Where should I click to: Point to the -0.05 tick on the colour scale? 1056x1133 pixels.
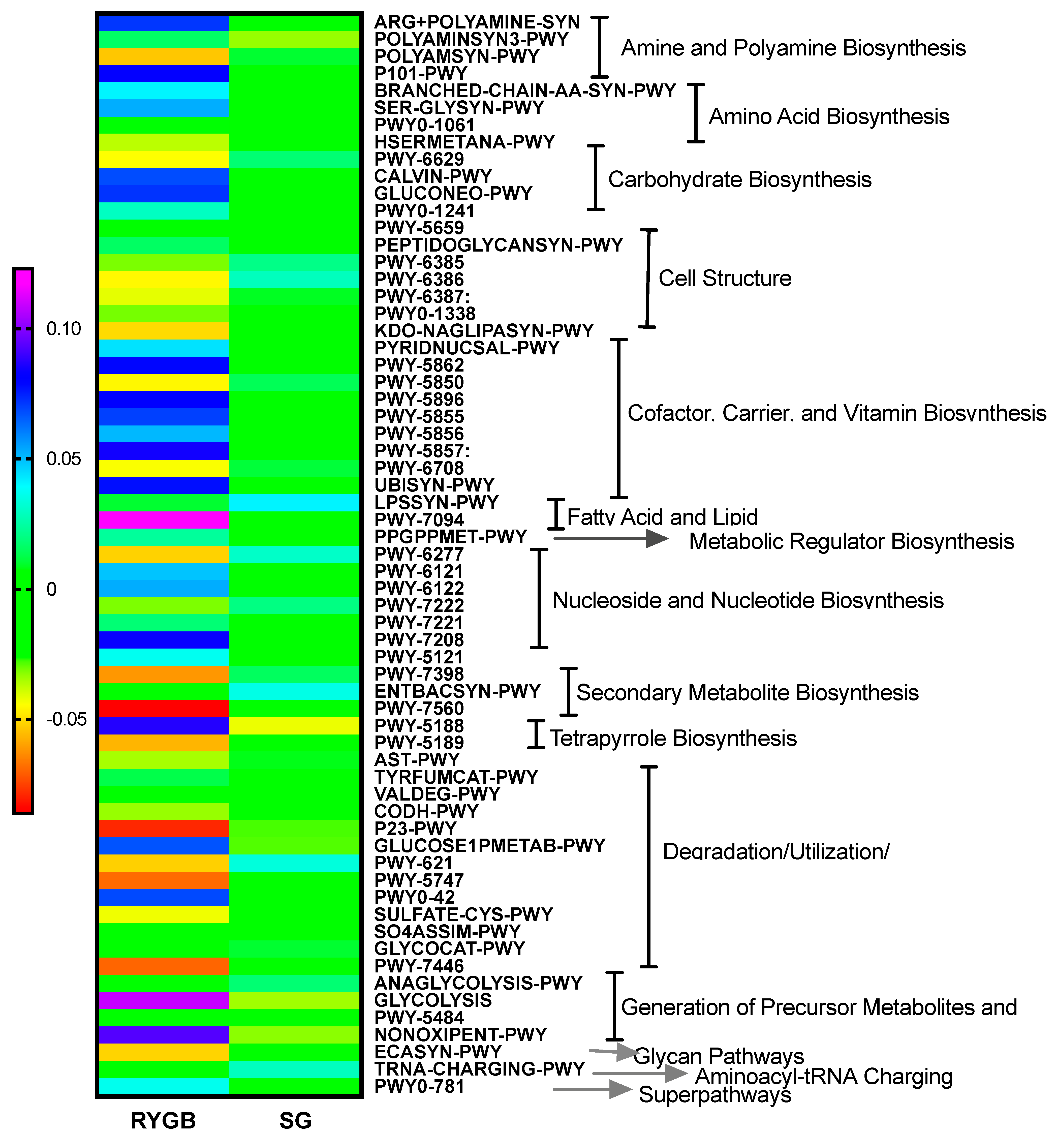coord(66,719)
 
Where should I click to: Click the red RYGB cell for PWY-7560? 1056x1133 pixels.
coord(164,709)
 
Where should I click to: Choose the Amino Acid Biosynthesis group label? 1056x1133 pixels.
coord(829,116)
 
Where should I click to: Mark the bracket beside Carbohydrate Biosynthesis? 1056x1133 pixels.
coord(596,178)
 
